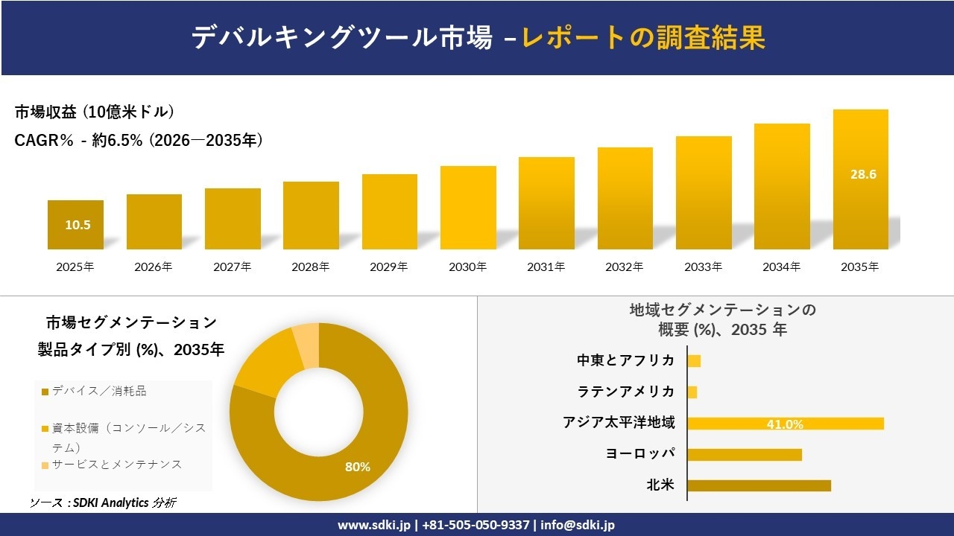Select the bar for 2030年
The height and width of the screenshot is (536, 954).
click(x=468, y=208)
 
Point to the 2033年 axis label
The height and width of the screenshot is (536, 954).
click(x=703, y=267)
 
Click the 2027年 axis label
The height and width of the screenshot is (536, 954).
click(x=232, y=267)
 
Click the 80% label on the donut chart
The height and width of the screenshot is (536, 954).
click(x=357, y=467)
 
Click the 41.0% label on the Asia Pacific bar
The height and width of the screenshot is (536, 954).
click(x=785, y=424)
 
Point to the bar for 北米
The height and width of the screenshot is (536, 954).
click(x=759, y=485)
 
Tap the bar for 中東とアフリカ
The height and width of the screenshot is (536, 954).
click(x=694, y=361)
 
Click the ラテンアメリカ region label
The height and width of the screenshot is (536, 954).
click(x=626, y=392)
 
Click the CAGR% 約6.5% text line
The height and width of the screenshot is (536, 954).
click(x=139, y=140)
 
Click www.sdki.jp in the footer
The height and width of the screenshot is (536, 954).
click(x=373, y=525)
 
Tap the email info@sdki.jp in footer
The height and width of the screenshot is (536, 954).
click(x=578, y=525)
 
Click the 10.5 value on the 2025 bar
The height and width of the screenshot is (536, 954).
click(x=78, y=225)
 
